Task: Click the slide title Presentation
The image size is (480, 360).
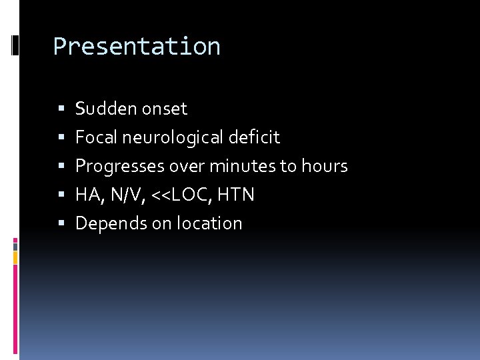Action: [x=137, y=47]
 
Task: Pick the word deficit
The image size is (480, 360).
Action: [x=254, y=137]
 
